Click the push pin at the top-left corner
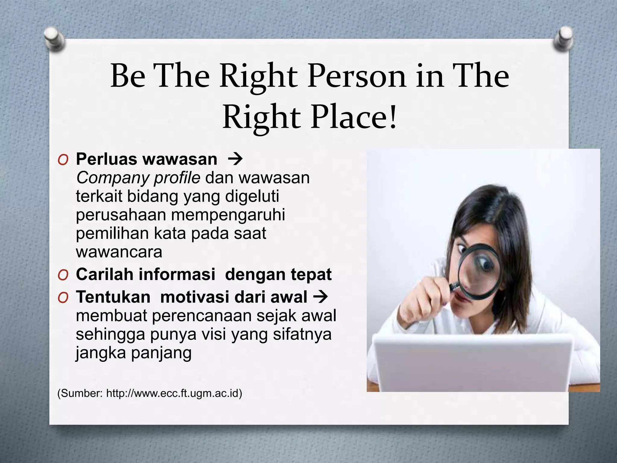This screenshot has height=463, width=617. click(x=54, y=39)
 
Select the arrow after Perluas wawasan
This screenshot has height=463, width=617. click(x=235, y=159)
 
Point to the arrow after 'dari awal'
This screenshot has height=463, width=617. click(x=320, y=297)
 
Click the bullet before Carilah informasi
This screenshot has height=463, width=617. click(x=63, y=275)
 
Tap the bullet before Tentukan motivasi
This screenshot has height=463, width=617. click(x=63, y=297)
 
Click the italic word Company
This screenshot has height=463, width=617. click(x=111, y=178)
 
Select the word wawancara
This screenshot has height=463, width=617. click(x=119, y=252)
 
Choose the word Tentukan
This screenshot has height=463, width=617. click(x=113, y=297)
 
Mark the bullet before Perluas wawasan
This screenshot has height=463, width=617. click(x=63, y=159)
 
